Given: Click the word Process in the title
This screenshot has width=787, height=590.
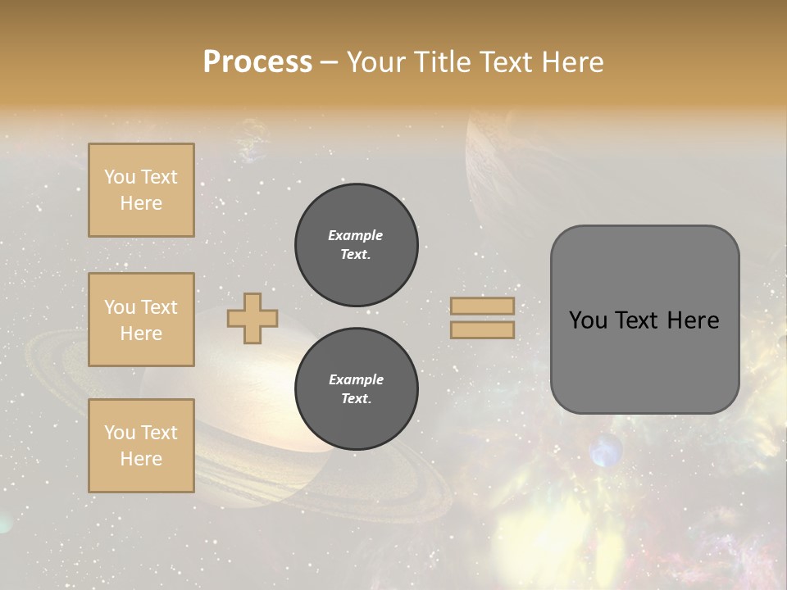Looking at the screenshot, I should (257, 62).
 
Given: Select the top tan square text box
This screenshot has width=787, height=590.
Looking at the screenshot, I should (141, 190).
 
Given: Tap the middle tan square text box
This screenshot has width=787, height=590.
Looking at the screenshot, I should (141, 320).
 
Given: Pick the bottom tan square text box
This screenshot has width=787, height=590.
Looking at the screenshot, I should (141, 446).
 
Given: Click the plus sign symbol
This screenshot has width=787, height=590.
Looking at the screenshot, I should (252, 319).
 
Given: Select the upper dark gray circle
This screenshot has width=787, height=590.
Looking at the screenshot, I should (356, 245).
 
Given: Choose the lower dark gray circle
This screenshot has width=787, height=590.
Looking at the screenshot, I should (356, 389).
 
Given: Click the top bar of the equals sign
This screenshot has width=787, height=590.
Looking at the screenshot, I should (482, 306).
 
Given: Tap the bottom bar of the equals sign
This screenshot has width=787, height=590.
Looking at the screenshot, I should (482, 329).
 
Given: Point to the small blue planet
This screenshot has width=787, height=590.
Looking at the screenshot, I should (605, 451).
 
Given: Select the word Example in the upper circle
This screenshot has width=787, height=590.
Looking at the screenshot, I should (355, 235).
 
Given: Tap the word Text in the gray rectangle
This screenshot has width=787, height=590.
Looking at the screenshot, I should (638, 320).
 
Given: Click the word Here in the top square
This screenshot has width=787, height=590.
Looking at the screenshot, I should (141, 203).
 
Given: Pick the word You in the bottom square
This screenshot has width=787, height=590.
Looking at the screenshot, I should (120, 433).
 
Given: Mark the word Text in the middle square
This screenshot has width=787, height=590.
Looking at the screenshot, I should (158, 307).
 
